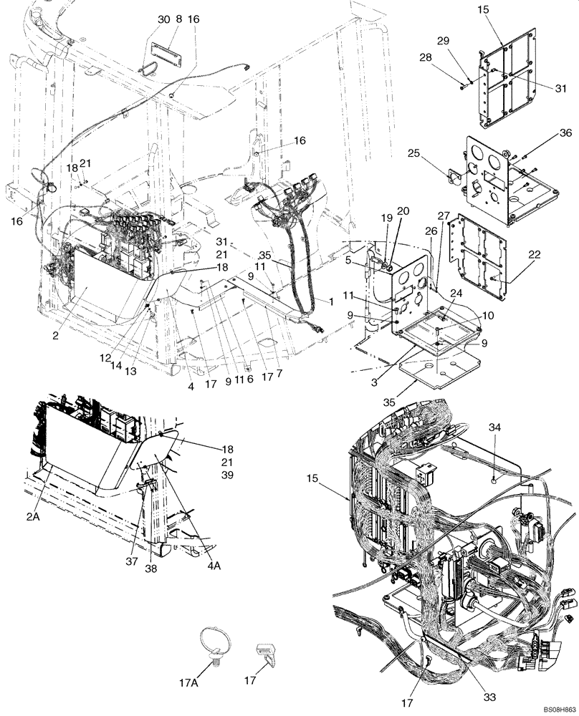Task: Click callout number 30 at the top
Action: click(x=164, y=20)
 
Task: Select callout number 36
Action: click(x=565, y=133)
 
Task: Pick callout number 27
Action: click(x=444, y=216)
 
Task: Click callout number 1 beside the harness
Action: click(x=330, y=302)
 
